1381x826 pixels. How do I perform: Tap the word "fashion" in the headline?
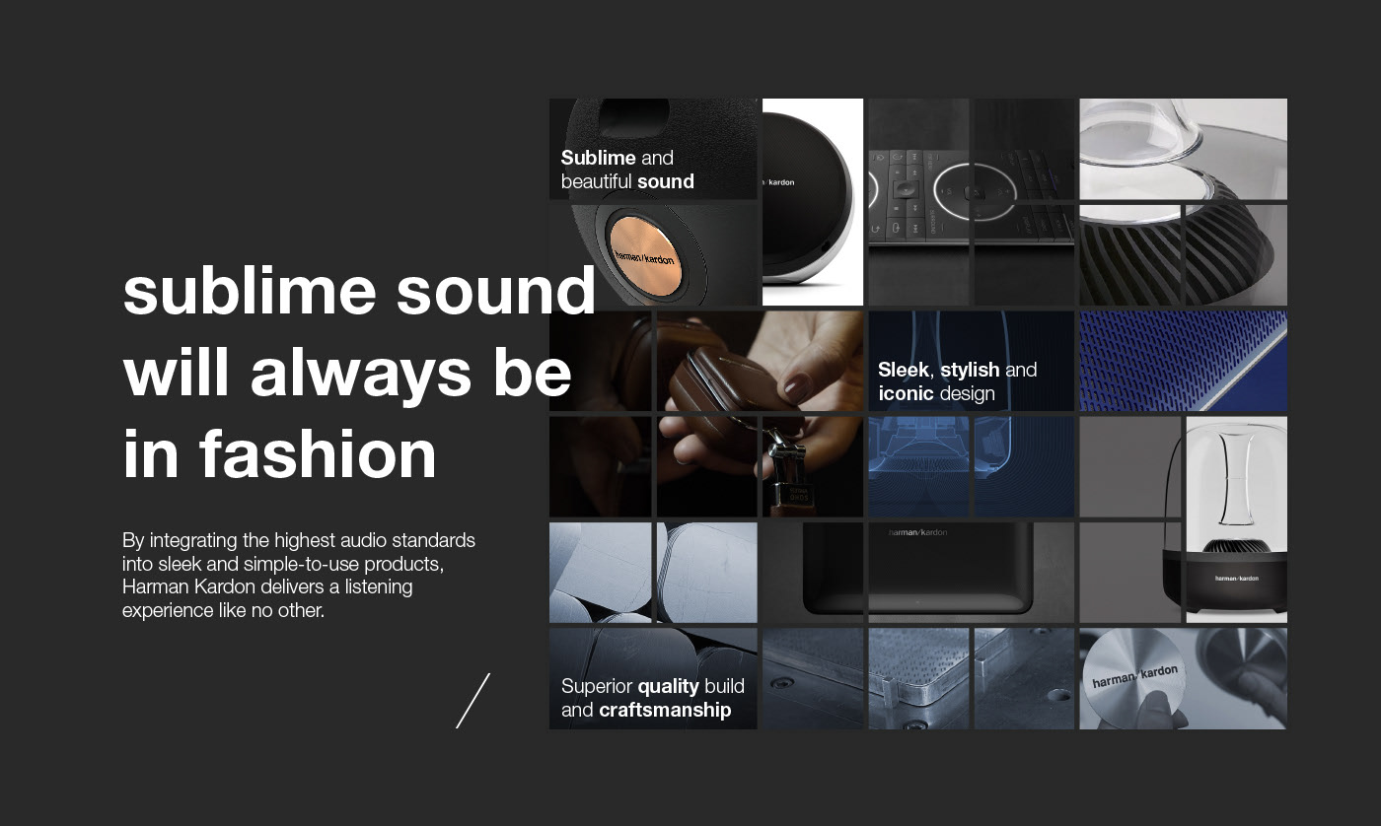(318, 454)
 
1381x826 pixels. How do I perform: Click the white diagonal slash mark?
(472, 701)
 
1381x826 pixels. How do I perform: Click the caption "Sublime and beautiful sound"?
(627, 170)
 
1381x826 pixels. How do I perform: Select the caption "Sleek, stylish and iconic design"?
(957, 381)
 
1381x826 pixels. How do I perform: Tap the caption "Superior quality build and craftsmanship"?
(652, 698)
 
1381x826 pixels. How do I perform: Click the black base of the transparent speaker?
(1236, 588)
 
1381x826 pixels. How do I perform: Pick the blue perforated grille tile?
(1183, 361)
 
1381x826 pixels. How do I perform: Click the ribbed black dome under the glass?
(1174, 251)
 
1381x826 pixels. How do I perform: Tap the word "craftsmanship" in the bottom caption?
(665, 710)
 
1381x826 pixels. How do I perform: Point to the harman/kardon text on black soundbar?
(917, 532)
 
